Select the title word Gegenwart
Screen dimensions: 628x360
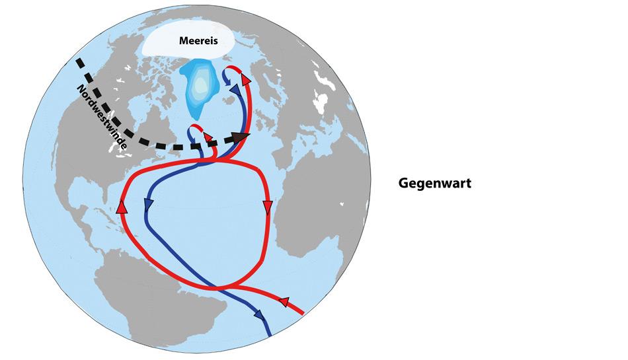[x=434, y=184]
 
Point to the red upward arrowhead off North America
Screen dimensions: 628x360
[x=122, y=206]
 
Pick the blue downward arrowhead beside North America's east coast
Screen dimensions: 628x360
[x=149, y=205]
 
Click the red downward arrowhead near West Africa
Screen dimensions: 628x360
[x=268, y=208]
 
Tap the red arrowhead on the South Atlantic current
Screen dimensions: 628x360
[x=284, y=302]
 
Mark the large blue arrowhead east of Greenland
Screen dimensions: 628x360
[x=234, y=90]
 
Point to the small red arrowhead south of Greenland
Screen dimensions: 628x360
[x=208, y=137]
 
